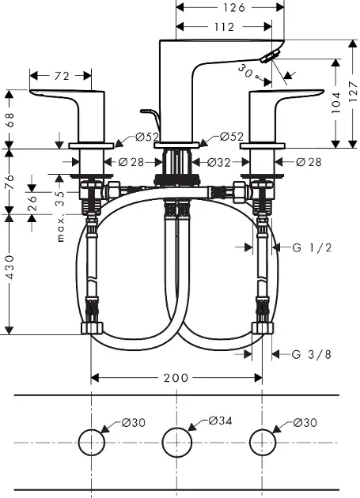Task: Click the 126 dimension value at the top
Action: [234, 7]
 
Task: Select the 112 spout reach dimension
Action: [224, 27]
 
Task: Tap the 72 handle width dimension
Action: [62, 76]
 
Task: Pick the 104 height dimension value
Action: [335, 102]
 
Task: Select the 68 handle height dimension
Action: [9, 119]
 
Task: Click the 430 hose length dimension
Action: [9, 267]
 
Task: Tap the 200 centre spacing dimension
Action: [176, 378]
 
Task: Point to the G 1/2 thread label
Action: [312, 247]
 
